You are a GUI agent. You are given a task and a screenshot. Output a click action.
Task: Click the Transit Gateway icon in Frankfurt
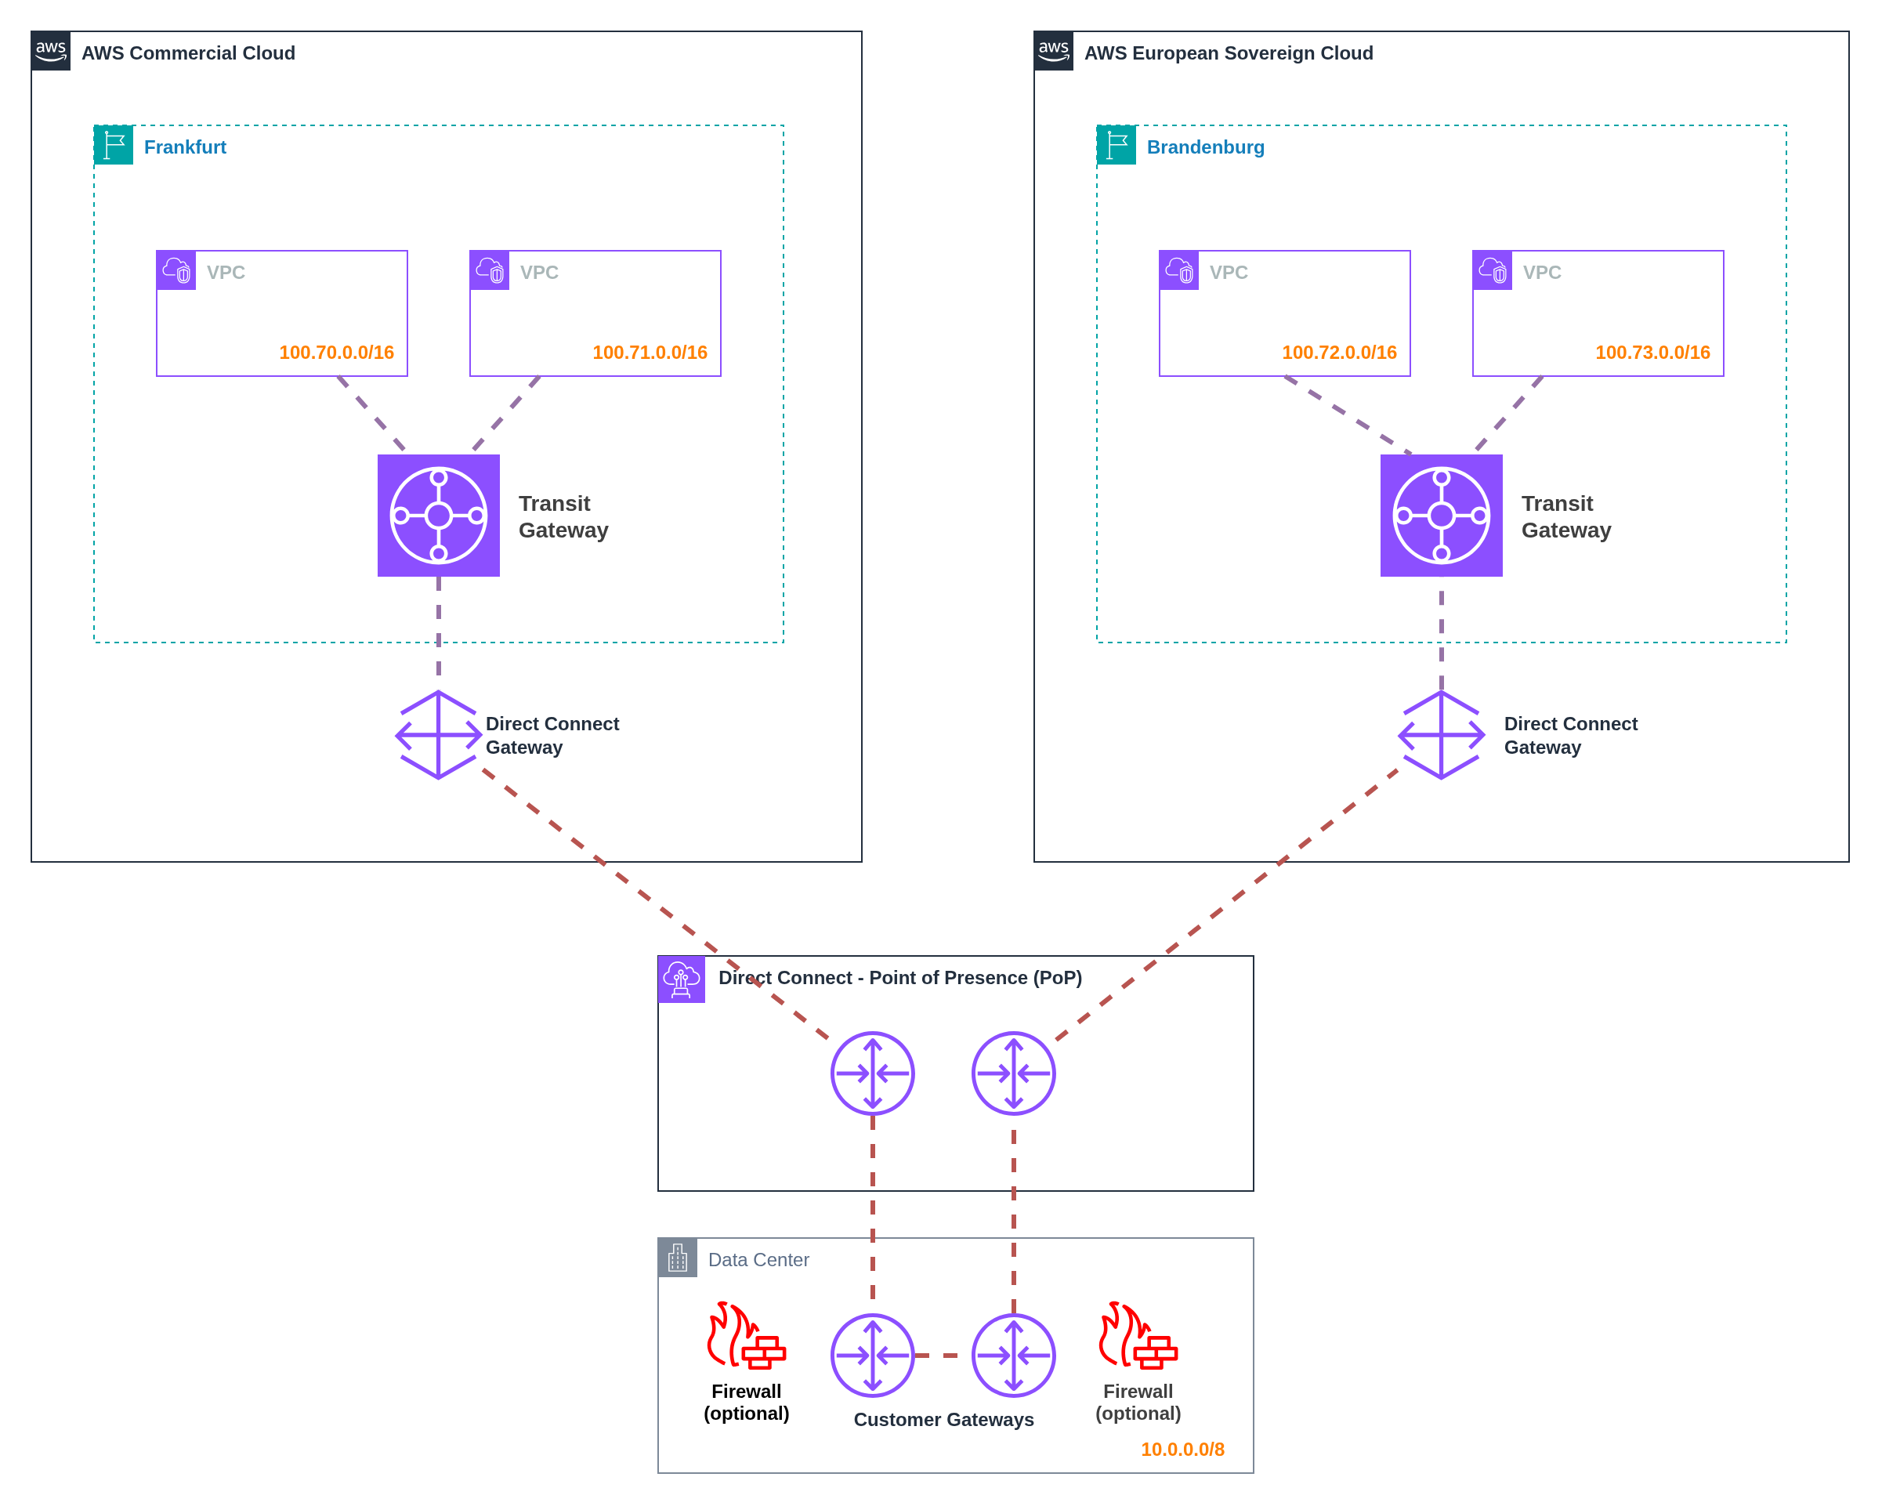pos(438,515)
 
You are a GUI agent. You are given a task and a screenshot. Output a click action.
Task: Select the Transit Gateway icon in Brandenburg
pos(1440,515)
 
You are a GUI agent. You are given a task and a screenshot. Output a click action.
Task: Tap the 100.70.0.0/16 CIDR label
pos(336,352)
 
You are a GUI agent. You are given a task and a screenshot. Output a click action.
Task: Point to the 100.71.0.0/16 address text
pos(650,352)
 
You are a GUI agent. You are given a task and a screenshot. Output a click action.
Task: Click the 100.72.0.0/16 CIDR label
pos(1338,352)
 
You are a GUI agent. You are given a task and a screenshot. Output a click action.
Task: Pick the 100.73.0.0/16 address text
pos(1652,352)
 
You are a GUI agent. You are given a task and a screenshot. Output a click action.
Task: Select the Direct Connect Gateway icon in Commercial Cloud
pos(438,735)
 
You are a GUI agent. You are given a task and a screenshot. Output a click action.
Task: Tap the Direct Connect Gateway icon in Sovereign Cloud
pos(1440,735)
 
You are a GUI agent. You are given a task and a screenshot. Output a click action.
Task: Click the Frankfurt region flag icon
pos(114,145)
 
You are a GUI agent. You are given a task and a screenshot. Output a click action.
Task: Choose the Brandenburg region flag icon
pos(1116,145)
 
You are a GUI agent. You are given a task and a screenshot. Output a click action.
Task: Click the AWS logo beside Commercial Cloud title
pos(51,51)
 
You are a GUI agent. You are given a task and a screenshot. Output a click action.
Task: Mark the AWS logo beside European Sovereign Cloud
pos(1053,51)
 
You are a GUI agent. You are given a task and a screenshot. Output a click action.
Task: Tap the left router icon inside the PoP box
pos(872,1073)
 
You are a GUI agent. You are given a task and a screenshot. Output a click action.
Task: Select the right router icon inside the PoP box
pos(1012,1073)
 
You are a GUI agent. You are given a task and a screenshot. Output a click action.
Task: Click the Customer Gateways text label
pos(943,1419)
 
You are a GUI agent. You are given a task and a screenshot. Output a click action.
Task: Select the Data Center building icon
pos(678,1258)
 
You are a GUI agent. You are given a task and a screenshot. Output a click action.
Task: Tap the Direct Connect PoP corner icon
pos(681,979)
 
